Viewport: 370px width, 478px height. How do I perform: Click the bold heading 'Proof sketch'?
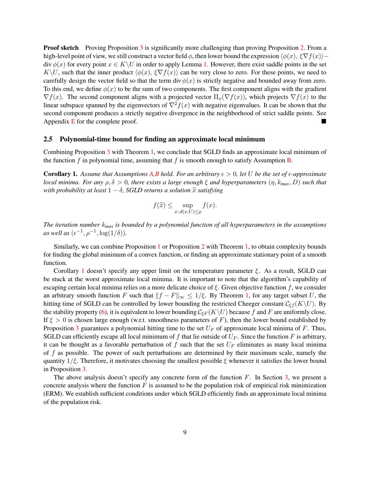click(x=61, y=48)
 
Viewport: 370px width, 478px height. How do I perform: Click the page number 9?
click(x=185, y=432)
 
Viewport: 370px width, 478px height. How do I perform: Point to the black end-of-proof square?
click(x=324, y=121)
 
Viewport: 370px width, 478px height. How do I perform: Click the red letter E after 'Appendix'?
click(x=73, y=121)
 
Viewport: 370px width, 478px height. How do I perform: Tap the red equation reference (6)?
click(x=104, y=312)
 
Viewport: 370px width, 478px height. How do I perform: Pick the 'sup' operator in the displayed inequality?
click(x=187, y=205)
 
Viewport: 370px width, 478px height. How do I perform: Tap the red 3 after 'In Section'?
click(x=286, y=377)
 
